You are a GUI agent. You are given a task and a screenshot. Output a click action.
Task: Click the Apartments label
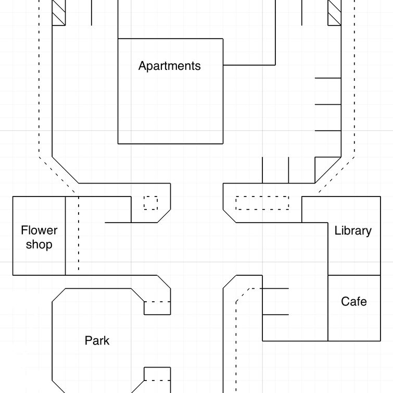(x=169, y=66)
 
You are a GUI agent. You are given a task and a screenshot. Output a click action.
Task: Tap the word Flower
(x=39, y=230)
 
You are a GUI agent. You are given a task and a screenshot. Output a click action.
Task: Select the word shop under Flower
(x=39, y=244)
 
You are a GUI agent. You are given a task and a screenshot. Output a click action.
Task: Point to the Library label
(x=353, y=231)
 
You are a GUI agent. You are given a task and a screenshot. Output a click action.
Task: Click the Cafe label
(x=354, y=301)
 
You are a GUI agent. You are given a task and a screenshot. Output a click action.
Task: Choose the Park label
(x=97, y=341)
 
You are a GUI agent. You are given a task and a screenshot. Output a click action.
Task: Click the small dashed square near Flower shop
(x=150, y=203)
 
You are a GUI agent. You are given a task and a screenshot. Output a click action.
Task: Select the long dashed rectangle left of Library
(x=262, y=203)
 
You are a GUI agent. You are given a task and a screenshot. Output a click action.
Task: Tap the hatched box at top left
(x=59, y=13)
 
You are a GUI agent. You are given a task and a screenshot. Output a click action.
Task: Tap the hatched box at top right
(x=335, y=13)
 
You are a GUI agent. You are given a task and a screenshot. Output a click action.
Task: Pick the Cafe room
(x=354, y=308)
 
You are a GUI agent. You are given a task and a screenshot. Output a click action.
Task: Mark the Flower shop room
(x=39, y=236)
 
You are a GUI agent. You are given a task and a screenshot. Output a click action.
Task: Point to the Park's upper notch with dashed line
(x=157, y=308)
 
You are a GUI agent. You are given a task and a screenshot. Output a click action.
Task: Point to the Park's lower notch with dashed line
(x=157, y=374)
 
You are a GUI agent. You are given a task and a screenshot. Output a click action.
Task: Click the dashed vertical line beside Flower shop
(x=79, y=234)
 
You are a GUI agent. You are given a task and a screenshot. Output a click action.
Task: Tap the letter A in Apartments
(x=143, y=66)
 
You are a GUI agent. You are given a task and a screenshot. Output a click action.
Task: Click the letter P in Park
(x=88, y=340)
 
